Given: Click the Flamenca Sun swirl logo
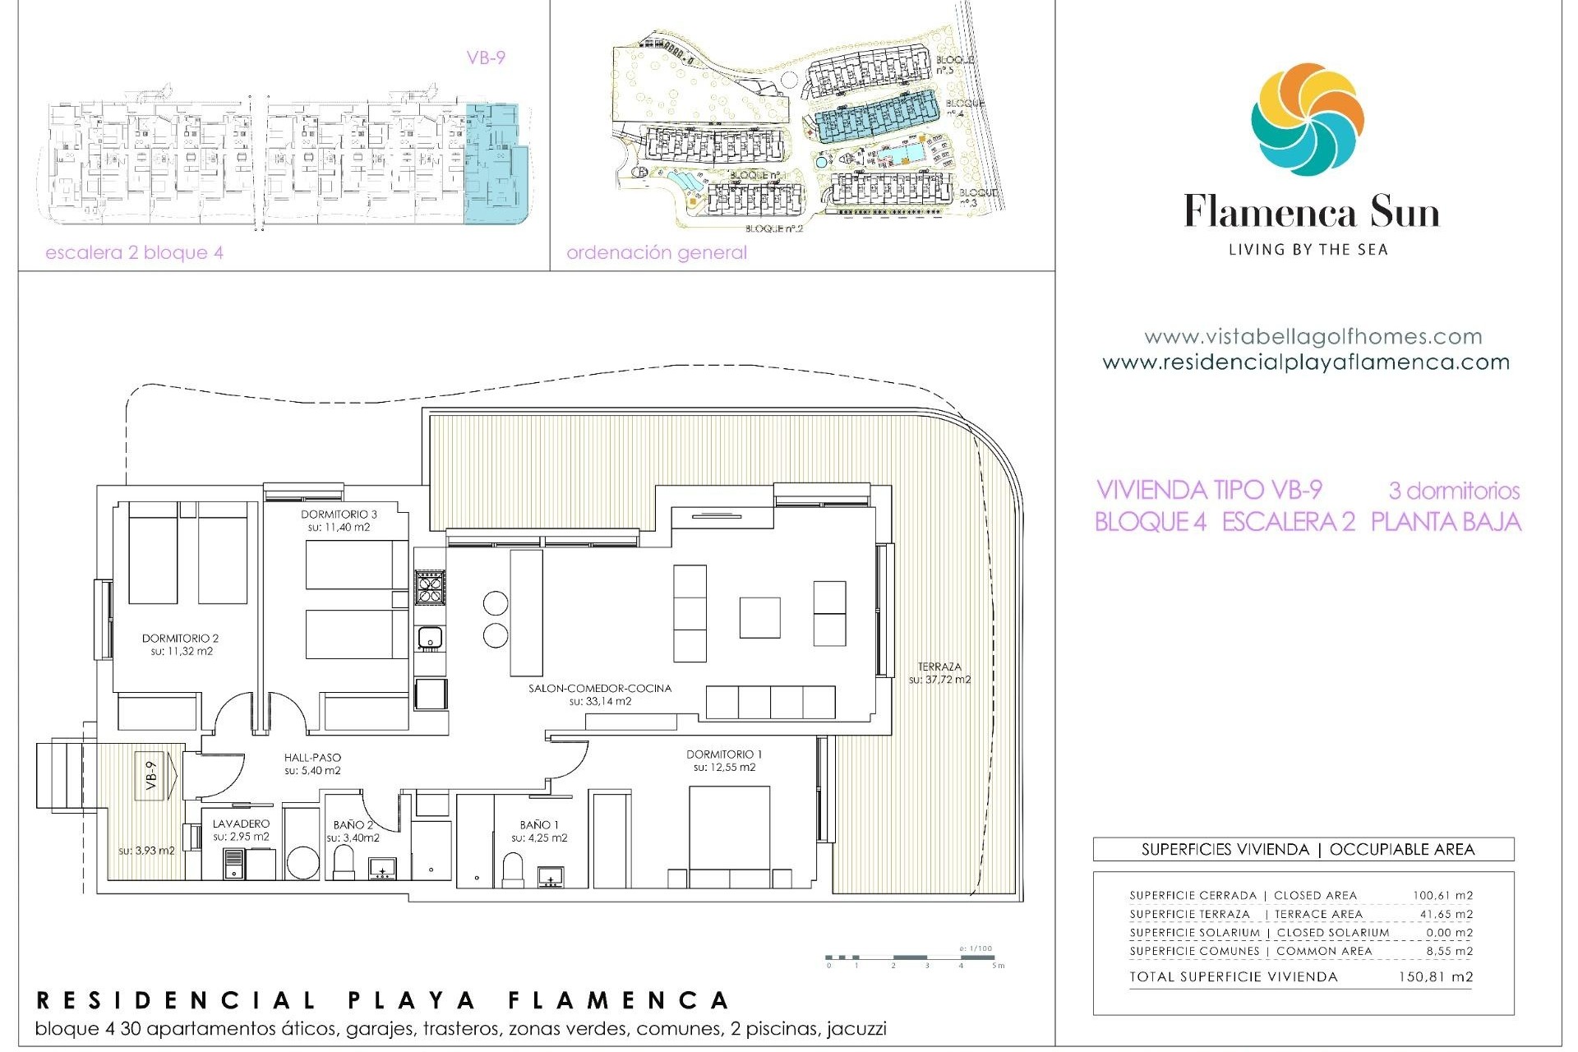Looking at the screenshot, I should click(x=1308, y=120).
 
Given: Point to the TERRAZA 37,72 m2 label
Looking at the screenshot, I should click(x=939, y=673).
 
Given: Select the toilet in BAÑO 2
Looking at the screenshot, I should click(x=344, y=862).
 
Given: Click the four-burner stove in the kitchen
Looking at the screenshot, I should click(x=430, y=587).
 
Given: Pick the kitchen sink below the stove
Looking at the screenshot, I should click(x=430, y=637).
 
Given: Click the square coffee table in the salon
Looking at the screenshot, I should click(x=759, y=617).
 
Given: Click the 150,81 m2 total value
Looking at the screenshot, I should click(x=1435, y=977).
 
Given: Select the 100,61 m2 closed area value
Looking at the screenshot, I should click(x=1442, y=896).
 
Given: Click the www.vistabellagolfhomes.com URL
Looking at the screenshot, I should click(x=1313, y=337).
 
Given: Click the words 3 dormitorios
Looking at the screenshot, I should click(x=1453, y=491).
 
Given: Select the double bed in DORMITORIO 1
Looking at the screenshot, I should click(x=728, y=834).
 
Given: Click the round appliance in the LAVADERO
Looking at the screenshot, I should click(x=302, y=865).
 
